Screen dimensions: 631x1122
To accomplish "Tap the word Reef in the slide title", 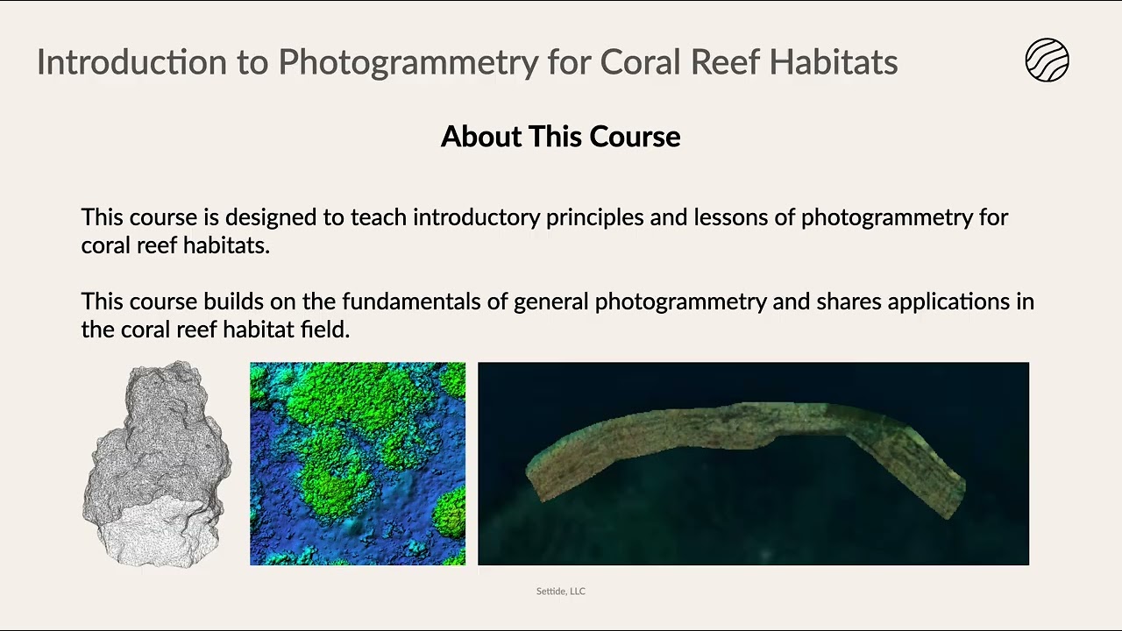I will (x=725, y=62).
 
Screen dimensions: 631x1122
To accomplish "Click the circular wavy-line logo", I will (x=1047, y=61).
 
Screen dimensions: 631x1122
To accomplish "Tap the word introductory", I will (x=476, y=217).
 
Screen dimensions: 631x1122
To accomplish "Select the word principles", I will (x=594, y=217).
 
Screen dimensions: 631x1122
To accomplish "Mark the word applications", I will (x=949, y=301).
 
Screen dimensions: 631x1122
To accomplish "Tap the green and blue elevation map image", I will (x=358, y=464).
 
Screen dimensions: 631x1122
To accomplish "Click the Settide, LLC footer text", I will (x=560, y=592).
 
